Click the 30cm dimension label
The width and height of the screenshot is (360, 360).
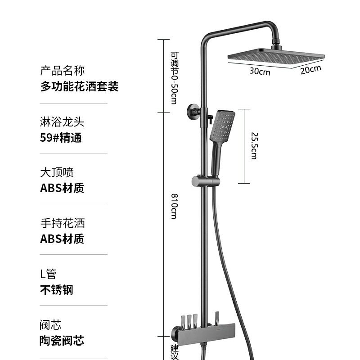(x=260, y=71)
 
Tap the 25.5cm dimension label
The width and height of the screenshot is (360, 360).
(x=254, y=145)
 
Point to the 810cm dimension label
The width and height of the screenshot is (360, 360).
(x=174, y=206)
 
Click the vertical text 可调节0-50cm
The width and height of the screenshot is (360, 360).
(x=174, y=77)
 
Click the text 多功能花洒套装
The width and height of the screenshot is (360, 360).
(x=79, y=86)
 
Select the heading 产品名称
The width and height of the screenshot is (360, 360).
(x=63, y=71)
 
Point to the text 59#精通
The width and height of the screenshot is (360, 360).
(x=61, y=138)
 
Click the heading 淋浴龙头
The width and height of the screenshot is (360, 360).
(x=63, y=122)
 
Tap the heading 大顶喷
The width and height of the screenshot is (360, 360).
(x=57, y=172)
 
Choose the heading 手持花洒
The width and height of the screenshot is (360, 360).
(x=63, y=223)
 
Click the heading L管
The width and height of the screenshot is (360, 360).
(x=48, y=274)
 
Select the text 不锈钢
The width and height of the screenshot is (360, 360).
(x=57, y=289)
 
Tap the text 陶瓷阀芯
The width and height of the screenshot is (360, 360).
(x=63, y=341)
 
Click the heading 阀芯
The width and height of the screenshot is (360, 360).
(x=51, y=324)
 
